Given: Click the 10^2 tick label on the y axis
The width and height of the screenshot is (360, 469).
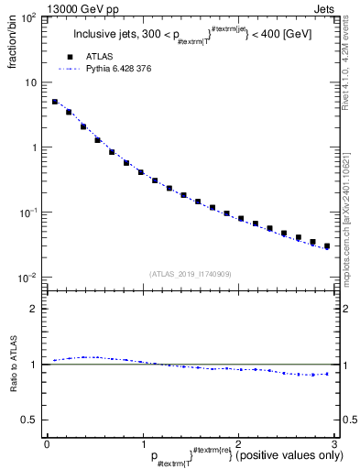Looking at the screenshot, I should click(x=28, y=18).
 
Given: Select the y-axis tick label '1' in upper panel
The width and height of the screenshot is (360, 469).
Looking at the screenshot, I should click(x=35, y=147).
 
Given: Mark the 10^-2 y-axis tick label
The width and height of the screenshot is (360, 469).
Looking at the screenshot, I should click(x=28, y=278).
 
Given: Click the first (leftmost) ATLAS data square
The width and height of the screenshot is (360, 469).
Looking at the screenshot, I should click(x=55, y=102).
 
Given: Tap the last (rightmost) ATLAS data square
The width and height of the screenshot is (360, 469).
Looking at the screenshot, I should click(x=326, y=246).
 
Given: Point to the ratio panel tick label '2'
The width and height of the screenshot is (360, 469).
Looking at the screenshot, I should click(x=35, y=309).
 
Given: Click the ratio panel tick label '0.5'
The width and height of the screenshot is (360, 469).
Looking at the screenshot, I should click(x=31, y=420).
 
